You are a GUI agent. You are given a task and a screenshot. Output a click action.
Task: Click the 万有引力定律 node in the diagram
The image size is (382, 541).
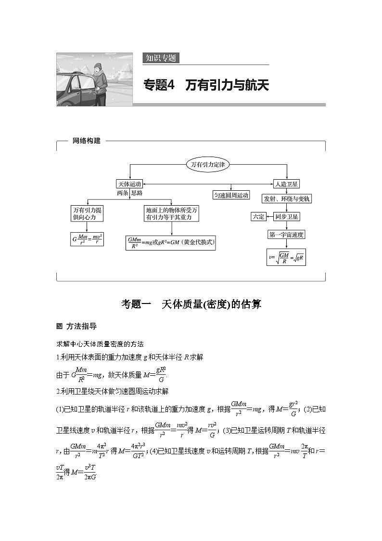pyautogui.click(x=208, y=164)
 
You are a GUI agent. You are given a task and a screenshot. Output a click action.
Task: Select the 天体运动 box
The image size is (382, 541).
pyautogui.click(x=130, y=184)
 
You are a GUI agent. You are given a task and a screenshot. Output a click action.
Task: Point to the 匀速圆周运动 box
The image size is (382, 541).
pyautogui.click(x=231, y=195)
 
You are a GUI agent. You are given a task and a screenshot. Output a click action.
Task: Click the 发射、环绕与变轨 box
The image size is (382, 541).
pyautogui.click(x=287, y=198)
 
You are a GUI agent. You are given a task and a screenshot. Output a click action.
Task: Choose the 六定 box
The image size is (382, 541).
pyautogui.click(x=258, y=217)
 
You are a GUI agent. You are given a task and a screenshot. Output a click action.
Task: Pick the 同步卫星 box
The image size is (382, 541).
pyautogui.click(x=287, y=217)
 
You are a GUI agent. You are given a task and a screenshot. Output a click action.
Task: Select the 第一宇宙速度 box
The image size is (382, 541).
pyautogui.click(x=287, y=235)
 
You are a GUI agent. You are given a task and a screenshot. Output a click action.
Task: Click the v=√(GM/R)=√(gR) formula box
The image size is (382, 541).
pyautogui.click(x=287, y=257)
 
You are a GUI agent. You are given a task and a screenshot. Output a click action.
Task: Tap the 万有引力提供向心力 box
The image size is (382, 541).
pyautogui.click(x=87, y=213)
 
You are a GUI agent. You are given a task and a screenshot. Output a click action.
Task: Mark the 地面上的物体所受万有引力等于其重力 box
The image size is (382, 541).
pyautogui.click(x=172, y=213)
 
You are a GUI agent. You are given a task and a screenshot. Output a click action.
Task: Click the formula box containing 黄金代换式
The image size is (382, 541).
pyautogui.click(x=170, y=242)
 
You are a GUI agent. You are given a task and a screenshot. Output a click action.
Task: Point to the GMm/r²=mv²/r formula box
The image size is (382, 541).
pyautogui.click(x=87, y=239)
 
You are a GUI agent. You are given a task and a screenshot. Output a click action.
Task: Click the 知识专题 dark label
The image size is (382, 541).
pyautogui.click(x=161, y=58)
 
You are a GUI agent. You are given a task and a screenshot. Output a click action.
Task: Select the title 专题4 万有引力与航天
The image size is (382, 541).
pyautogui.click(x=206, y=85)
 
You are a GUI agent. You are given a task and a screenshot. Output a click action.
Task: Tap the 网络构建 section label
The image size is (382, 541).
pyautogui.click(x=87, y=141)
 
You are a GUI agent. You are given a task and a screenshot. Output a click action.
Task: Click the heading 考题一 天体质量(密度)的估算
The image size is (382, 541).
pyautogui.click(x=191, y=304)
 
